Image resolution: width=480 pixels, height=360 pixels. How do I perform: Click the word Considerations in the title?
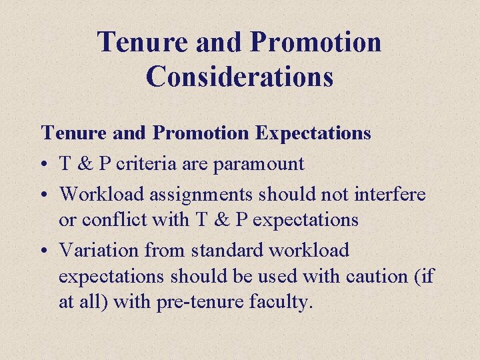click(239, 75)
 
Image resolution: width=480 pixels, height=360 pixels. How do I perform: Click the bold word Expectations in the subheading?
click(313, 133)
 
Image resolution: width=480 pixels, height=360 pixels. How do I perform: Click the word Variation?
click(99, 250)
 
